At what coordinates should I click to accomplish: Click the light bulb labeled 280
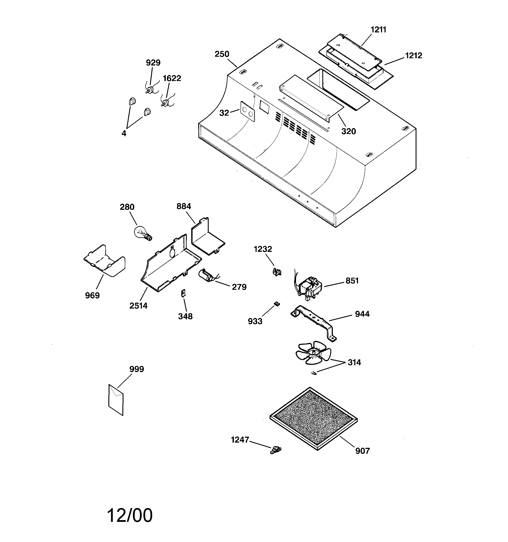pos(143,233)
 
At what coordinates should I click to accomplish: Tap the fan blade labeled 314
pos(313,352)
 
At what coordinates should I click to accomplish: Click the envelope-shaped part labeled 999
pos(116,400)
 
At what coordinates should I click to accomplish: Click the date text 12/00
pos(130,516)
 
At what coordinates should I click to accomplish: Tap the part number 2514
pos(138,306)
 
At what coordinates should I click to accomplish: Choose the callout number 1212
pos(413,55)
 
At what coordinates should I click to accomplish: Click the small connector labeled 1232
pos(277,272)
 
